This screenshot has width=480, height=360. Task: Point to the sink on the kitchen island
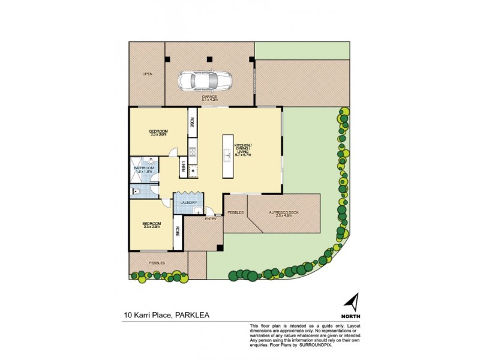pos(228,156)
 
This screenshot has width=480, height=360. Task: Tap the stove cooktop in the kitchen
pos(193,153)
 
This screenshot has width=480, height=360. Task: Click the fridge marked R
pos(193,172)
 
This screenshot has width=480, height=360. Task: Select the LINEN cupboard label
pos(182,167)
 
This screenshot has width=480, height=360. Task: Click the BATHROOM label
pos(144,169)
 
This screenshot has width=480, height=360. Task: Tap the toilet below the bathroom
pos(137,191)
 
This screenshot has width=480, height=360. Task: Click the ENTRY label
pos(210,218)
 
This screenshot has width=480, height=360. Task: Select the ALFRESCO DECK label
pos(280,213)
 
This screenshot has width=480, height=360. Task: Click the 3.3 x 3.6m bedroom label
pos(158,133)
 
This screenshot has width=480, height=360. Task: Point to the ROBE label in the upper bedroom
pos(192,121)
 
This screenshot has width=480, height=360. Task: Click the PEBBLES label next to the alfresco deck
pos(235,213)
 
